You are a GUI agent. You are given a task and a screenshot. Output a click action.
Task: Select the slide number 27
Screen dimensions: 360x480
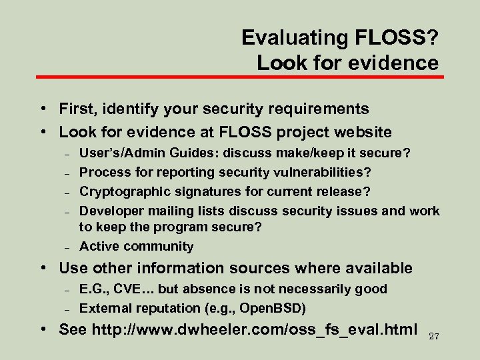pos(435,335)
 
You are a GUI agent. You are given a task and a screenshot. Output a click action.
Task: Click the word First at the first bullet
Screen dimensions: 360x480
pos(77,108)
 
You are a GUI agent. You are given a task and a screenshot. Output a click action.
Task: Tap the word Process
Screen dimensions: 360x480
pos(102,172)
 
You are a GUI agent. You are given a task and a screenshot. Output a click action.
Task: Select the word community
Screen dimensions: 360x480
pos(159,246)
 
